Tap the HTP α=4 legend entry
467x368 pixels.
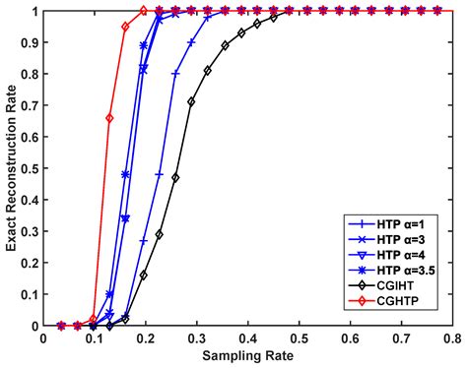point(405,259)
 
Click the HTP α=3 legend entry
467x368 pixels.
point(405,242)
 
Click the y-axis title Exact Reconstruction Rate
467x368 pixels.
point(10,168)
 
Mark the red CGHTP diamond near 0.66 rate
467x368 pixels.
point(109,118)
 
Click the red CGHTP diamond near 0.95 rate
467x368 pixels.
point(125,27)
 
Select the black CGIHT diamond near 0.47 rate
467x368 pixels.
point(175,178)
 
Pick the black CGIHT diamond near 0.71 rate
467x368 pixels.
point(191,102)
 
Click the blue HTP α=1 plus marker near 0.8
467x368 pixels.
point(175,74)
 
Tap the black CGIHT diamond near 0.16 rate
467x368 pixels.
point(144,276)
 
